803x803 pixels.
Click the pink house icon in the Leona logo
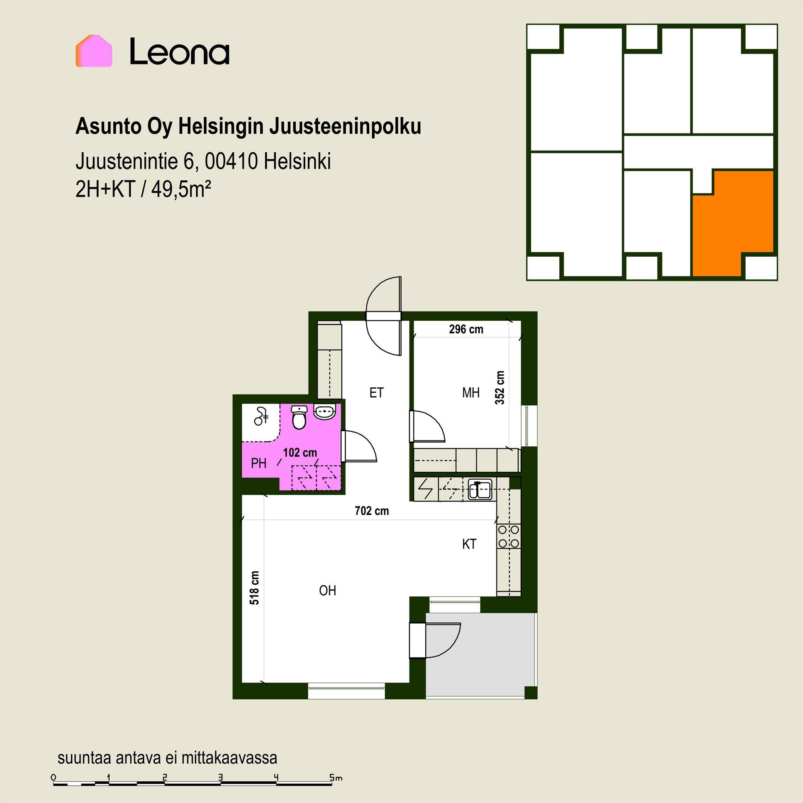pyautogui.click(x=94, y=51)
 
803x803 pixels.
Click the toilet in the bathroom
pyautogui.click(x=299, y=417)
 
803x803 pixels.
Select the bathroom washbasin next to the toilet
pyautogui.click(x=324, y=412)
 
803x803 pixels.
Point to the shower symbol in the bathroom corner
pyautogui.click(x=261, y=416)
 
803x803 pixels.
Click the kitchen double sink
pyautogui.click(x=480, y=489)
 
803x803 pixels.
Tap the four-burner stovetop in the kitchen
pyautogui.click(x=509, y=537)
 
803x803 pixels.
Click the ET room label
pyautogui.click(x=376, y=393)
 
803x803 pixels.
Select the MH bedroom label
pyautogui.click(x=471, y=393)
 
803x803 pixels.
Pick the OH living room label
pyautogui.click(x=327, y=591)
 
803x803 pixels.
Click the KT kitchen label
pyautogui.click(x=469, y=544)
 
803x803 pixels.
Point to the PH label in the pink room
pyautogui.click(x=258, y=463)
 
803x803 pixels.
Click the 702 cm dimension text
pyautogui.click(x=372, y=511)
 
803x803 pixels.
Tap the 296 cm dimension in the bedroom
pyautogui.click(x=466, y=330)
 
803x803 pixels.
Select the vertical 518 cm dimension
pyautogui.click(x=254, y=588)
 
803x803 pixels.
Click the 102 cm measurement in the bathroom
pyautogui.click(x=300, y=453)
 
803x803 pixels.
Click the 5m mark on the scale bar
pyautogui.click(x=336, y=778)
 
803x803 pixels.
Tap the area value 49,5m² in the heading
pyautogui.click(x=181, y=190)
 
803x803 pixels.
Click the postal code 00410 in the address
pyautogui.click(x=231, y=161)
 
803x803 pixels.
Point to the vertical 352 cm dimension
pyautogui.click(x=500, y=388)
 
